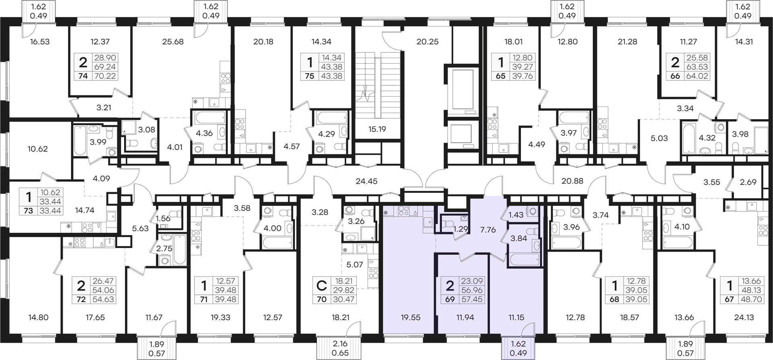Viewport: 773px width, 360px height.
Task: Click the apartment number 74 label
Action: [x=83, y=76]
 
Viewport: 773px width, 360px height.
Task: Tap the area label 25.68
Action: [x=173, y=41]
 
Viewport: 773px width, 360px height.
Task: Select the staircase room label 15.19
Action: [x=377, y=129]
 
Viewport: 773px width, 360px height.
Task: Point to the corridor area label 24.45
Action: [x=367, y=181]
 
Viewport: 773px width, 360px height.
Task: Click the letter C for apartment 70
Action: [x=321, y=286]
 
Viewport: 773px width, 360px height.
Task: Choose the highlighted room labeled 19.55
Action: [x=411, y=317]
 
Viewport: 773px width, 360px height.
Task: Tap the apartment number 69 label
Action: [x=450, y=299]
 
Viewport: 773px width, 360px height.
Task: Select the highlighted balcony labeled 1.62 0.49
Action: [x=518, y=349]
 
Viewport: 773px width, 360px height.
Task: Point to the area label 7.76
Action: [x=488, y=230]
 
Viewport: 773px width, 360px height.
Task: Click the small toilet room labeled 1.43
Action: [x=516, y=215]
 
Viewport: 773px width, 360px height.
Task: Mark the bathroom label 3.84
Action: [x=519, y=238]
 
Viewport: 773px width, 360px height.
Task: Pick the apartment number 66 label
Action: [x=675, y=76]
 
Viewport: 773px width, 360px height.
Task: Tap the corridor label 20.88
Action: [x=572, y=181]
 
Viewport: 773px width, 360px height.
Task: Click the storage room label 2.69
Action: [x=748, y=182]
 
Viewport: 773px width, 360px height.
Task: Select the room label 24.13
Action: [x=744, y=317]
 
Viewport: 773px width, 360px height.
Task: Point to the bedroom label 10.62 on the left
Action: [x=37, y=149]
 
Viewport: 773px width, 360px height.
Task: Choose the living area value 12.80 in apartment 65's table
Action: [x=522, y=58]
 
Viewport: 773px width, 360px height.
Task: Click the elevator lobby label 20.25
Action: [x=428, y=41]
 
